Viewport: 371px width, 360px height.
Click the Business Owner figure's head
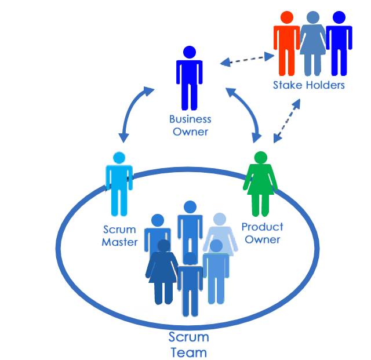tap(190, 52)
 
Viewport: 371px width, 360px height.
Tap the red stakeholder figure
tap(286, 43)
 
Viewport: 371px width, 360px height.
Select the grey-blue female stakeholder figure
tap(313, 43)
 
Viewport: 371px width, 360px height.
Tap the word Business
tap(190, 119)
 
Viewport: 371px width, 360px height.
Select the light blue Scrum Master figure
tap(119, 184)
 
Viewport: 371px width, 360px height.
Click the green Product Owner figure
tap(260, 184)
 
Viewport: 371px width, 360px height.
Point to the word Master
tap(120, 242)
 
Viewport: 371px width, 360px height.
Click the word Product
tap(262, 227)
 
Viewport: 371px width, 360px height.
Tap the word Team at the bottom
tap(189, 352)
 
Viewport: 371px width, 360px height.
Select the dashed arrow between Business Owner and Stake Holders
tap(248, 60)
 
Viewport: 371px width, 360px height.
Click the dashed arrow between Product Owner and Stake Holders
tap(287, 121)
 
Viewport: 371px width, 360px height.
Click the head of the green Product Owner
tap(260, 158)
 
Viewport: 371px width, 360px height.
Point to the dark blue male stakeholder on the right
tap(339, 43)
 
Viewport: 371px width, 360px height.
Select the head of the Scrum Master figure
tap(119, 158)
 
